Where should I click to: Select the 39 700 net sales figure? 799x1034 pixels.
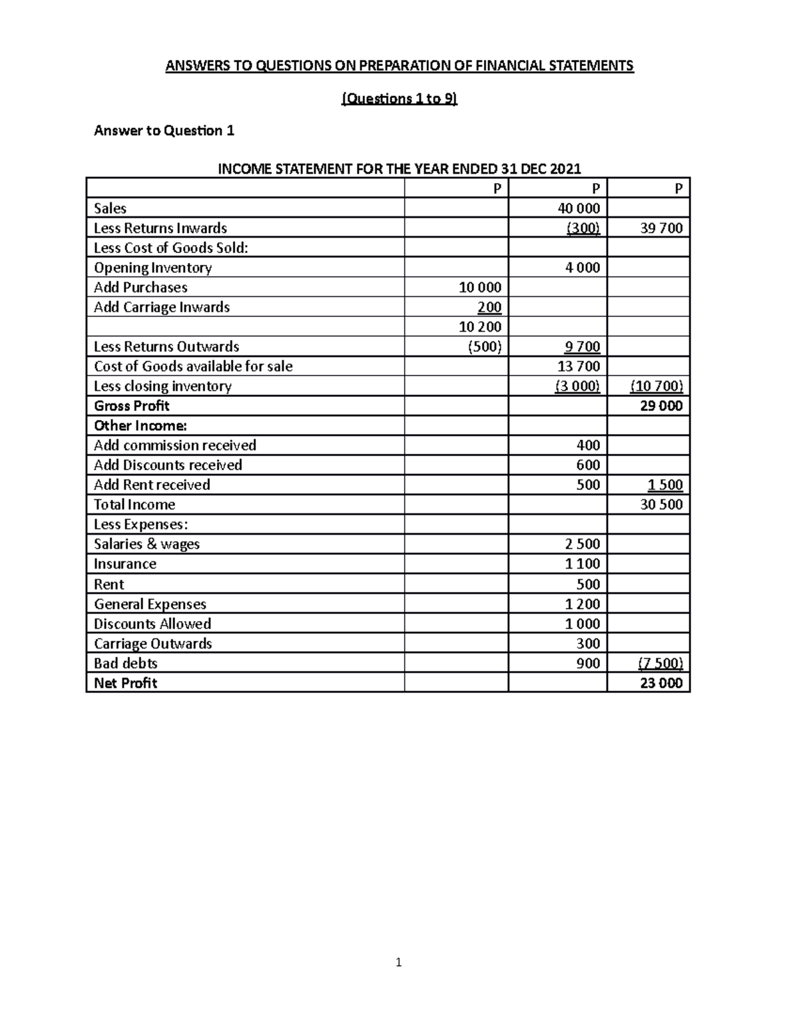pos(661,228)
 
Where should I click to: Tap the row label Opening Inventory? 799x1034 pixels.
pos(152,268)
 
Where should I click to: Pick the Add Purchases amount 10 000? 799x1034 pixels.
pos(479,288)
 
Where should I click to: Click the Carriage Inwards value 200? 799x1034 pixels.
pos(489,308)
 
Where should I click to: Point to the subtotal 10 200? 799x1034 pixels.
pos(480,327)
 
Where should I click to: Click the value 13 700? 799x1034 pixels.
pos(582,366)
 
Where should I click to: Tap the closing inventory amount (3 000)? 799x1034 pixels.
pos(577,386)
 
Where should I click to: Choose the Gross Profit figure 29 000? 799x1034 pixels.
pos(661,406)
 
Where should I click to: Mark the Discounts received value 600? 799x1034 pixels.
pos(588,465)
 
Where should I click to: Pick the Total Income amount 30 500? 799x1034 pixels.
pos(661,505)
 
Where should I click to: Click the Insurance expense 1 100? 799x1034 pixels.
pos(582,564)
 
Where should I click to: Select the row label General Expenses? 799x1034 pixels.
pos(150,604)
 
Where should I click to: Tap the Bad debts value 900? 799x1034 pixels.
pos(588,663)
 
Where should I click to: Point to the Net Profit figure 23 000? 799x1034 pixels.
pos(661,683)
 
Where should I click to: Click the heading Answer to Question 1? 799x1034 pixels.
pos(164,130)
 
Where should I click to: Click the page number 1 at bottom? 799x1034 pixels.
pos(398,962)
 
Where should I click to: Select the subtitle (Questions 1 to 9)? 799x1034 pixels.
pos(400,99)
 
